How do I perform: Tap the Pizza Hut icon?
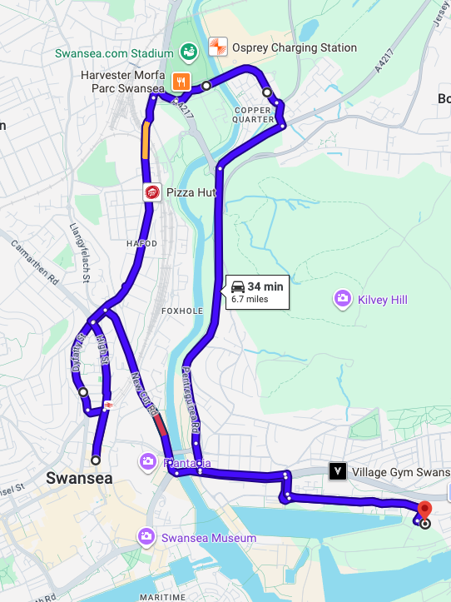[x=152, y=192]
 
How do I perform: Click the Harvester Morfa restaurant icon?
[x=181, y=82]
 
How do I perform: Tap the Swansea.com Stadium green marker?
[x=189, y=52]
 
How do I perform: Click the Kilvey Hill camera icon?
[x=341, y=298]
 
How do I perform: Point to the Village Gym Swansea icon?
[x=337, y=470]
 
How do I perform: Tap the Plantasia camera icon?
[x=147, y=460]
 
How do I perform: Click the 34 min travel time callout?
[x=257, y=291]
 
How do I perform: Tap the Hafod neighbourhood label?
[x=141, y=244]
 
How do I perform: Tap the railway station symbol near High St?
[x=108, y=405]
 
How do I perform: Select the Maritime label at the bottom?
[x=163, y=597]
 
